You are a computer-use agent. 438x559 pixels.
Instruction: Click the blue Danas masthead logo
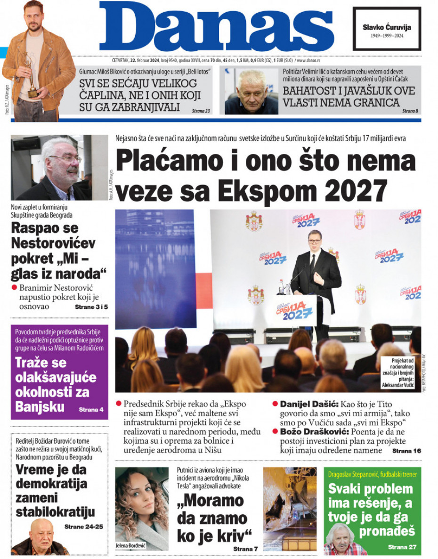[x=217, y=27]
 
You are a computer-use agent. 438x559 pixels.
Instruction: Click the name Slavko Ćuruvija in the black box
[x=387, y=27]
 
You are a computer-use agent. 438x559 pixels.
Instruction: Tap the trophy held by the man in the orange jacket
[x=31, y=75]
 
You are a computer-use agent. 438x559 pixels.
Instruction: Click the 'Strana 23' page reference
[x=201, y=111]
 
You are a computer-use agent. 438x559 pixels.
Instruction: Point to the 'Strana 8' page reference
[x=410, y=111]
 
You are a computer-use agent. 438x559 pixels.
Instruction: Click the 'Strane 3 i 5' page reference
[x=91, y=307]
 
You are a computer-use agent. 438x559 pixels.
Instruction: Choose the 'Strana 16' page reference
[x=406, y=451]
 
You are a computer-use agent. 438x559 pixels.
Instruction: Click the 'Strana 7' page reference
[x=245, y=549]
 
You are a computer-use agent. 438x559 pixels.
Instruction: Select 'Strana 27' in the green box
[x=402, y=547]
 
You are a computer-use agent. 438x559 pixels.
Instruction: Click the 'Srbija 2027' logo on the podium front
[x=297, y=310]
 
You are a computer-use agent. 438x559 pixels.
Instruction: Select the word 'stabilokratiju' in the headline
[x=55, y=511]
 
